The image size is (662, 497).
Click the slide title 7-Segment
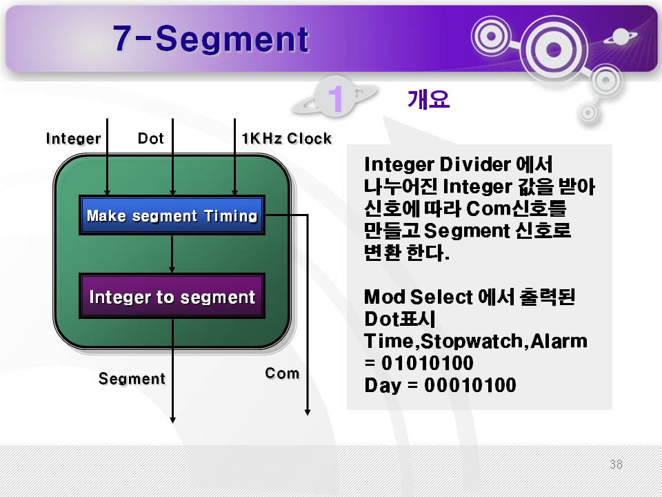pos(211,39)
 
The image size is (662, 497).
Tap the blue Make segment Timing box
pos(172,215)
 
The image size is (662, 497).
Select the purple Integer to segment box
pos(172,296)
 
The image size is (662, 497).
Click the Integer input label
pos(74,138)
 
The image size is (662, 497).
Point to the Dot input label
pos(151,138)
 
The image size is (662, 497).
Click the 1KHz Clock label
pos(287,138)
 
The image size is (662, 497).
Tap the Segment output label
pos(132,379)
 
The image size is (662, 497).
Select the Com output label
pos(282,373)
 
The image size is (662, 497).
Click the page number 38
pos(616,464)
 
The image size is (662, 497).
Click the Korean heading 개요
pos(428,99)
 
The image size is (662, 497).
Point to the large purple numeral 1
pos(336,99)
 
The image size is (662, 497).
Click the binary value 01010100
pos(427,363)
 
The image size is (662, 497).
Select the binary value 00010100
pos(470,385)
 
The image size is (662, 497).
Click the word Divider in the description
pos(475,164)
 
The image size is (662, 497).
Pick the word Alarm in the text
pos(559,341)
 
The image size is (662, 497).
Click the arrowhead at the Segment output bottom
pos(172,420)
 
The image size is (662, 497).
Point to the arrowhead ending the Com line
pos(308,412)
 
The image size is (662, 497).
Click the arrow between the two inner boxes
pos(172,254)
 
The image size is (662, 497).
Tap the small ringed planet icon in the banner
pos(621,37)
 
